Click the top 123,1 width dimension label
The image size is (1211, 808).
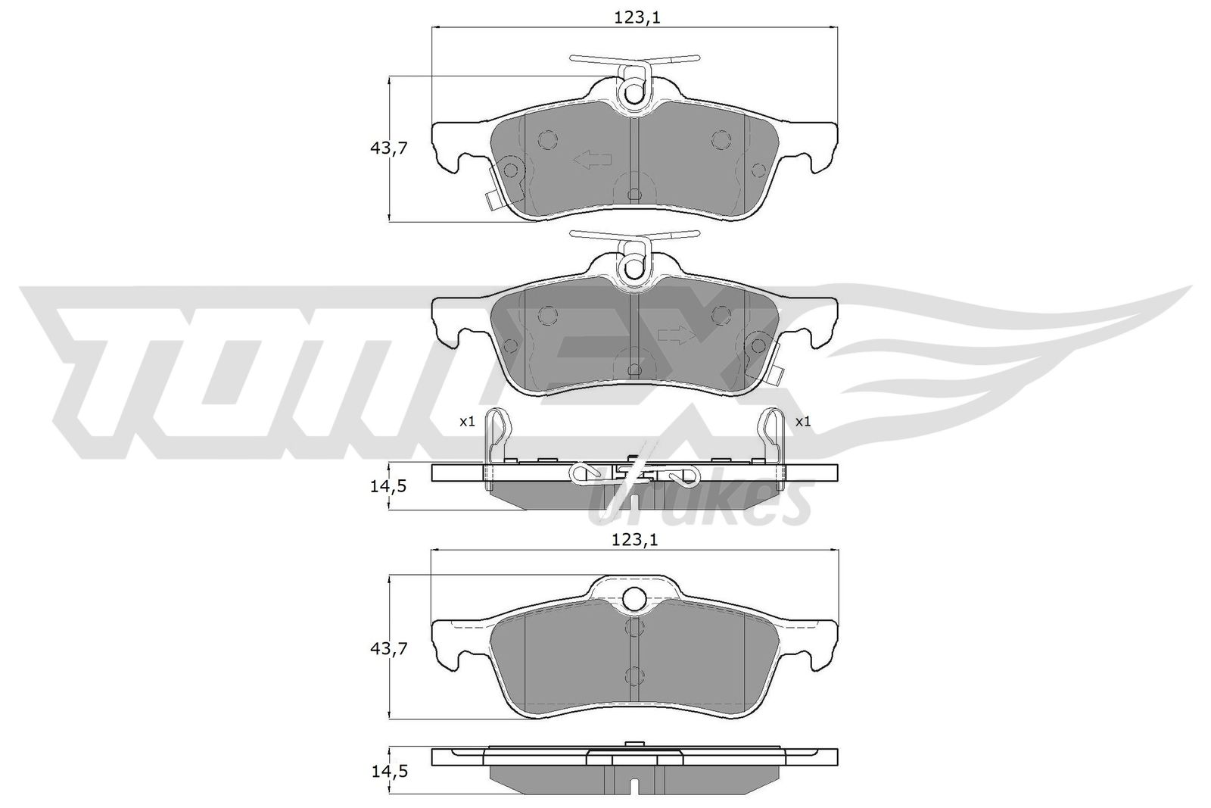click(634, 18)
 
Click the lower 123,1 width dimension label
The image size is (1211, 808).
click(634, 540)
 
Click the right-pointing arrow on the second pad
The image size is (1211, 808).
click(676, 335)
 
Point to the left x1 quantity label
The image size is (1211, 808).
click(467, 422)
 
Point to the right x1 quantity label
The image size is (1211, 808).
click(802, 422)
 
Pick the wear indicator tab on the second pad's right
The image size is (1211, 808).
click(774, 373)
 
